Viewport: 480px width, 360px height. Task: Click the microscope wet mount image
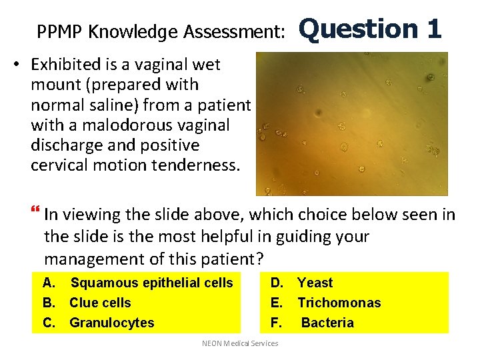point(353,123)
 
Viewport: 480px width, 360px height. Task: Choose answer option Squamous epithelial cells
point(151,283)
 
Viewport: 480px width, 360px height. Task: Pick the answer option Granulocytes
point(111,323)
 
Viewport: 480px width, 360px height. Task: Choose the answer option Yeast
point(315,283)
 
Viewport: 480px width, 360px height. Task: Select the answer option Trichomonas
point(339,303)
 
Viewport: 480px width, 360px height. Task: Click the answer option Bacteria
point(327,323)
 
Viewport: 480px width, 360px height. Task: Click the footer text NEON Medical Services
point(240,343)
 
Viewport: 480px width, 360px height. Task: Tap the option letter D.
point(275,283)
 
